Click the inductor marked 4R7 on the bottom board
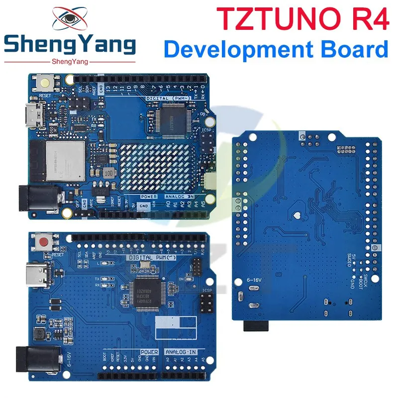click(x=38, y=334)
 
